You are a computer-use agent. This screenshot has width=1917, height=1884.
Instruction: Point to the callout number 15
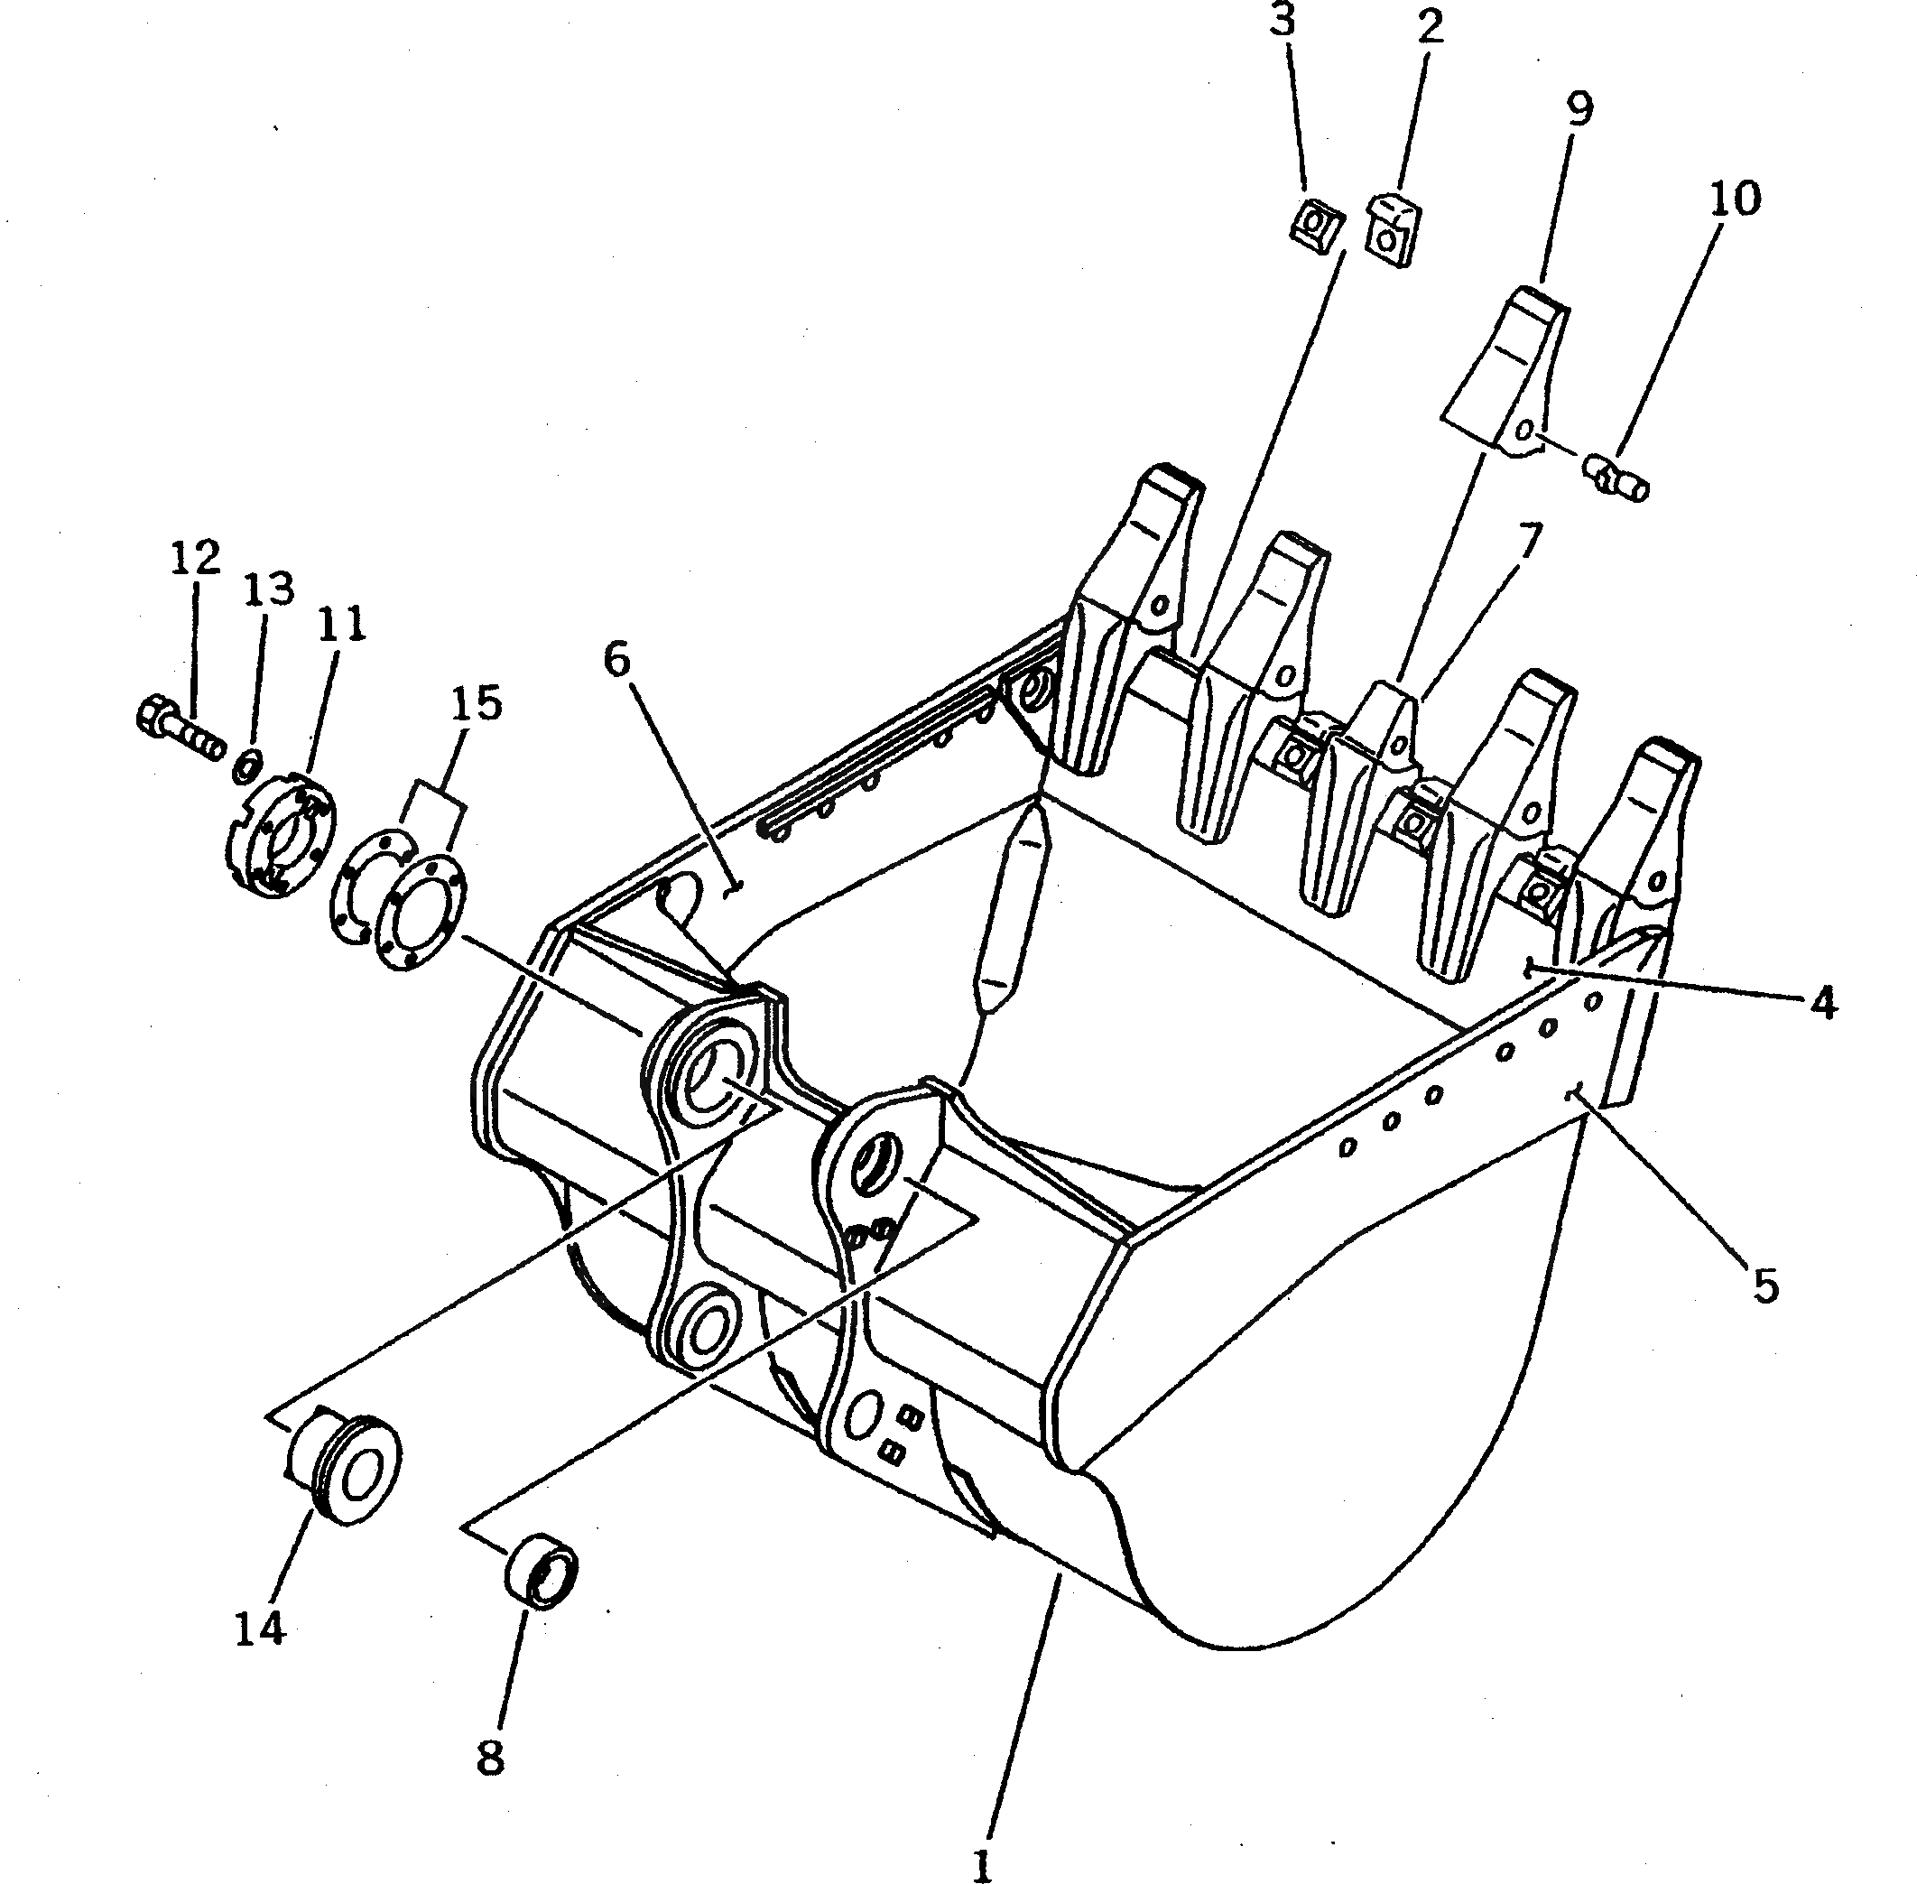point(477,703)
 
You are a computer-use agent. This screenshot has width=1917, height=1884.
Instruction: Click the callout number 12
point(195,558)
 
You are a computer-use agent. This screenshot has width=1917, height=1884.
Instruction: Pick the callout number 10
point(1734,199)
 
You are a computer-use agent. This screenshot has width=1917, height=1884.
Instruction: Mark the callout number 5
point(1765,1285)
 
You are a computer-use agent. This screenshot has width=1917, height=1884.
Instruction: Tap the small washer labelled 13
point(247,763)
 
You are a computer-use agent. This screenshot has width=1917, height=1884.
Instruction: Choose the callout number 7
point(1529,543)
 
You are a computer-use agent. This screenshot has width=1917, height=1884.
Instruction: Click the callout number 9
point(1579,107)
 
